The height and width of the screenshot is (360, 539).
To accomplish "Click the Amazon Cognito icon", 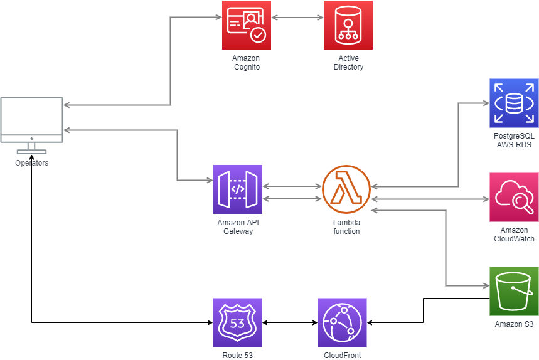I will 246,25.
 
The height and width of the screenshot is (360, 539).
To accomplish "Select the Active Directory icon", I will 348,25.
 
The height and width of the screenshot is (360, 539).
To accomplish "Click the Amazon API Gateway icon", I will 237,189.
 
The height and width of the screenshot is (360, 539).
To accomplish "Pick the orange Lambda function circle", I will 346,189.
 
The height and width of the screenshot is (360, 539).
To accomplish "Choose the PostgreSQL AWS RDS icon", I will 514,103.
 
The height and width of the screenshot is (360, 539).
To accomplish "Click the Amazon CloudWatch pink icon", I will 514,198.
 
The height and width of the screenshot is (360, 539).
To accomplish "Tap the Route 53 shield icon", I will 237,322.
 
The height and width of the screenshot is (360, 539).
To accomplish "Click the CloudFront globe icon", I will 342,322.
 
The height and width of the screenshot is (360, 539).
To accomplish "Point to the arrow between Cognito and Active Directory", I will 297,18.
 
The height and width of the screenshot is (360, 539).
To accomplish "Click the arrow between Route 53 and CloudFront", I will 290,323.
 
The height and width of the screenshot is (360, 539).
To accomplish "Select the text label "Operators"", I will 31,163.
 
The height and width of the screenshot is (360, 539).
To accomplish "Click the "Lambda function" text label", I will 346,226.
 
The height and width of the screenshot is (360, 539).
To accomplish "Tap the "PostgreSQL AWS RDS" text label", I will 514,140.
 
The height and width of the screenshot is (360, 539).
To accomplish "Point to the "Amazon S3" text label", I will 514,324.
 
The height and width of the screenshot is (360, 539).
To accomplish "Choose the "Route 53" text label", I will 237,356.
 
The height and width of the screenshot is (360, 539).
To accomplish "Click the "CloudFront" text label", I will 342,356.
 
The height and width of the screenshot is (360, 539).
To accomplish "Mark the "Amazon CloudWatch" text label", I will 514,235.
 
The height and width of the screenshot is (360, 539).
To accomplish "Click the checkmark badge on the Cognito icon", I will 259,34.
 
